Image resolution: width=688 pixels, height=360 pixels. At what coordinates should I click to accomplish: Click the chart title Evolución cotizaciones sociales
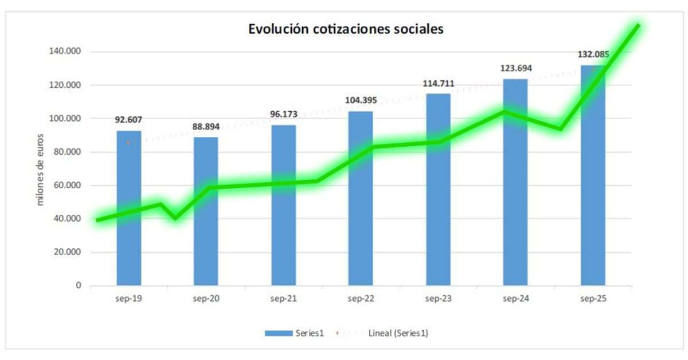tap(346, 29)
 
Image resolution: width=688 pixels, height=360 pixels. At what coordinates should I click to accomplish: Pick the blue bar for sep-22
tap(361, 229)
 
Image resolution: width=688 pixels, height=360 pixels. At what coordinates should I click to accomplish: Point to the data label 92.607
tap(128, 120)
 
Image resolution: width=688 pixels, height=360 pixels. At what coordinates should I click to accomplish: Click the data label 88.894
tap(206, 126)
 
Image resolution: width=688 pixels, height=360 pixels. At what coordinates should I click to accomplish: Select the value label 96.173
tap(283, 114)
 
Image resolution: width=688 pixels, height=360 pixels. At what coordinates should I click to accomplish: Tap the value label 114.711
tap(438, 83)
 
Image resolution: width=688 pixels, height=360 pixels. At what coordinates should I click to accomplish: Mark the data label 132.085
tap(593, 55)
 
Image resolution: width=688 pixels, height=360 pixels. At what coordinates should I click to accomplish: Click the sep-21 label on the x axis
tap(283, 299)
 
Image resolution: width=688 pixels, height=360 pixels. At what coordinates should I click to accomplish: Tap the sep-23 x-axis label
tap(438, 299)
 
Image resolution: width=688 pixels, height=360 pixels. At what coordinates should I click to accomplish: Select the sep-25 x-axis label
tap(593, 299)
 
